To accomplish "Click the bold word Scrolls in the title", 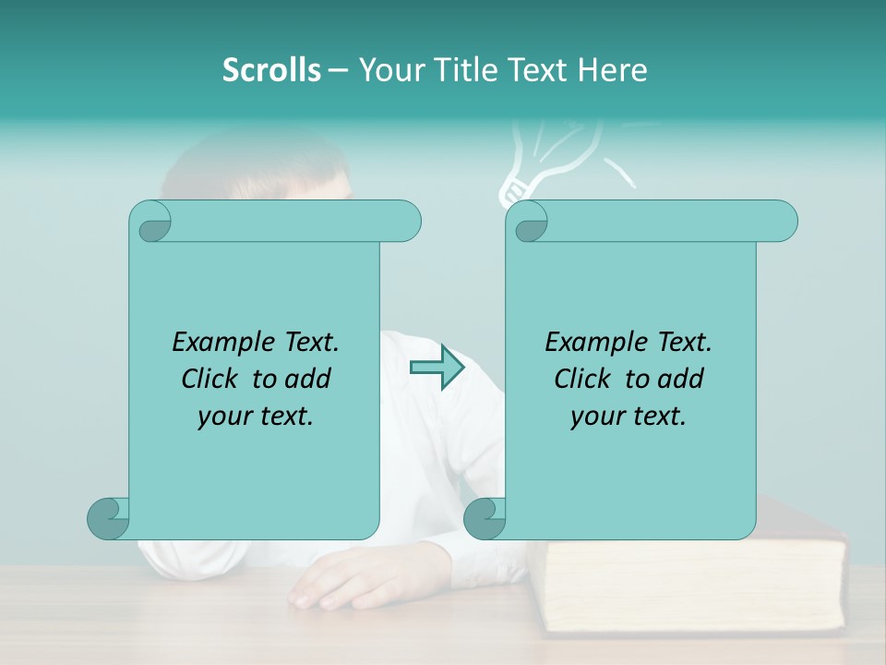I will tap(271, 70).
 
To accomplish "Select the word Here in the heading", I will tap(612, 70).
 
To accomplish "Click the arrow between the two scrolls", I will tap(437, 368).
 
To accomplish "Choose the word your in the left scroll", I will tap(222, 417).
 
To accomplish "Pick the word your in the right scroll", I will tap(595, 417).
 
